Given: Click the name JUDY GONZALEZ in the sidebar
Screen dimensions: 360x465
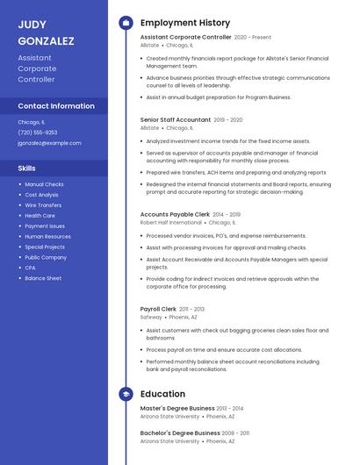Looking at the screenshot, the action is point(46,32).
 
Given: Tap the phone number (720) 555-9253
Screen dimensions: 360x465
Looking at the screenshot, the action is point(37,132).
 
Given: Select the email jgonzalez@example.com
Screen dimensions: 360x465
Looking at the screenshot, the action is point(49,143).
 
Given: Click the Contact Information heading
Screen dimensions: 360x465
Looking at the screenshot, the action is point(56,106).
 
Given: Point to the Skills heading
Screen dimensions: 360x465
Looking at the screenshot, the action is point(27,168).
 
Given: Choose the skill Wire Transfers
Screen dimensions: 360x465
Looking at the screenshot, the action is point(43,205).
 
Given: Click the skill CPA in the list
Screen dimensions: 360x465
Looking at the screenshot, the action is point(30,268).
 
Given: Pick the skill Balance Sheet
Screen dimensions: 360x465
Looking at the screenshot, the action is point(43,278).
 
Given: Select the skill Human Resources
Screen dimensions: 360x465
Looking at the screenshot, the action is point(47,236).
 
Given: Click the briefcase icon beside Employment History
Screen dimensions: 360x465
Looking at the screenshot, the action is point(126,23).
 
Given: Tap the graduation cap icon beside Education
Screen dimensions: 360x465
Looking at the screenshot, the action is point(126,394).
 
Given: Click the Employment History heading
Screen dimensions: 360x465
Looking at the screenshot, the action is point(185,23).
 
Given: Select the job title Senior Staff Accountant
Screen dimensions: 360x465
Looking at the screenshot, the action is point(176,119).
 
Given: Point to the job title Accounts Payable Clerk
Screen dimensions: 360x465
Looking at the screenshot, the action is point(175,214).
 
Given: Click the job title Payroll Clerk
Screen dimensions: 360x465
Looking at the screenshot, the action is point(158,309).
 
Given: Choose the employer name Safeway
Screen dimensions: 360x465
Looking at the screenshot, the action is point(151,318).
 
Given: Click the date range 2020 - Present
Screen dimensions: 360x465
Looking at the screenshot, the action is point(253,38).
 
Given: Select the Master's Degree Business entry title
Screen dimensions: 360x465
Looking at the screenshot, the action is point(177,408).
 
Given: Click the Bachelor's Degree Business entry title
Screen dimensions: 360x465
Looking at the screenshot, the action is point(180,433).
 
